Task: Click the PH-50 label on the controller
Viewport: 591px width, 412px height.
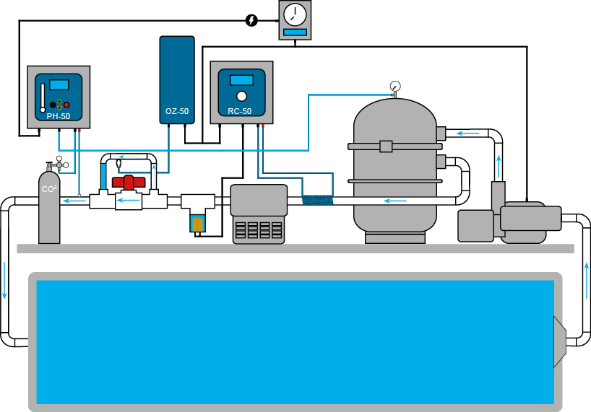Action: (x=59, y=115)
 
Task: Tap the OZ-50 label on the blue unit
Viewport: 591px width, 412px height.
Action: (x=177, y=112)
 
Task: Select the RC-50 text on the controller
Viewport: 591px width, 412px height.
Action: (x=241, y=111)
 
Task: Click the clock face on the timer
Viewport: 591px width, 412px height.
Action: (x=295, y=14)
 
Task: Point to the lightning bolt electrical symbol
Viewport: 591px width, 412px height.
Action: (x=251, y=20)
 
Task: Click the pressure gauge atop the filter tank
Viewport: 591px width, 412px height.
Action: (x=394, y=87)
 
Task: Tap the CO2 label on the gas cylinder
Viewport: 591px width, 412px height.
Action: (x=49, y=190)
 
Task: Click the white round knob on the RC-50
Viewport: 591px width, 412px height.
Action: (x=241, y=97)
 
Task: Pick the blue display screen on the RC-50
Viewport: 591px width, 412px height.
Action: (x=241, y=80)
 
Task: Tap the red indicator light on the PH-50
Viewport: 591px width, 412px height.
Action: (x=67, y=104)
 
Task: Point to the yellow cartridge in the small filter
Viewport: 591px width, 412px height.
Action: (x=198, y=224)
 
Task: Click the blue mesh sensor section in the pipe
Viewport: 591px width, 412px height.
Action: (x=316, y=200)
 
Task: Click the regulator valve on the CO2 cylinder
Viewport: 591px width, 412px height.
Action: (x=59, y=165)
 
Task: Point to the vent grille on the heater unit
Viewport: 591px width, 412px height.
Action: (x=258, y=230)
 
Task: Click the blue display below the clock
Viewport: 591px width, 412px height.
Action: (x=295, y=32)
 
